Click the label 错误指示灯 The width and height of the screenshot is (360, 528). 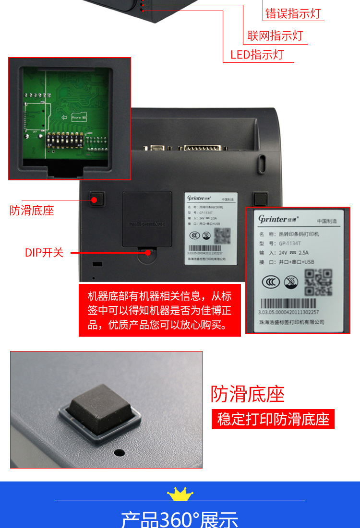pos(293,13)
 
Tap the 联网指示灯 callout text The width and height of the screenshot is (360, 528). pos(275,35)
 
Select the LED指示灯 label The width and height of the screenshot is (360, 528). pos(257,55)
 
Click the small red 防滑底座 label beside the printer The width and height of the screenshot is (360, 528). pos(32,211)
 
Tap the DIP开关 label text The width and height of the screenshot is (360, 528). pos(44,253)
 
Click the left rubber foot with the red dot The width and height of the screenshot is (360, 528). pos(97,199)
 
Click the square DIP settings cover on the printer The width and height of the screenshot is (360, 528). pos(147,219)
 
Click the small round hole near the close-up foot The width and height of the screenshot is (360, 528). pos(119,452)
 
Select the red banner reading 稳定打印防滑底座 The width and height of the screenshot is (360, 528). pos(273,419)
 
